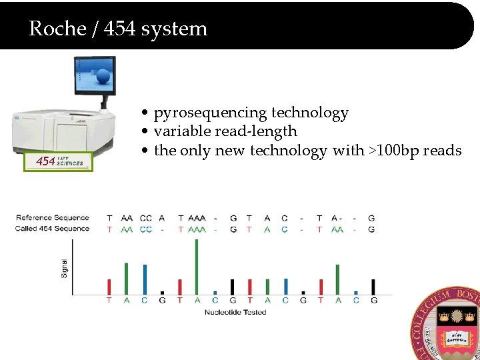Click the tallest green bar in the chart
click(x=196, y=266)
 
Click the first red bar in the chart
click(x=109, y=287)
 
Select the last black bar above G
click(x=373, y=287)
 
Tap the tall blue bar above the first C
click(x=144, y=279)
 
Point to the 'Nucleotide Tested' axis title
click(x=235, y=312)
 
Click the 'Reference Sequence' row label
click(x=53, y=218)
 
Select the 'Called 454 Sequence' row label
click(x=52, y=229)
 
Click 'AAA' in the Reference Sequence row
click(x=197, y=218)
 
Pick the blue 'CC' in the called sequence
click(x=146, y=229)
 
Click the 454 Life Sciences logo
click(x=59, y=161)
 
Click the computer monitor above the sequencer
click(x=94, y=75)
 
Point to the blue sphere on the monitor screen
click(x=103, y=77)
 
